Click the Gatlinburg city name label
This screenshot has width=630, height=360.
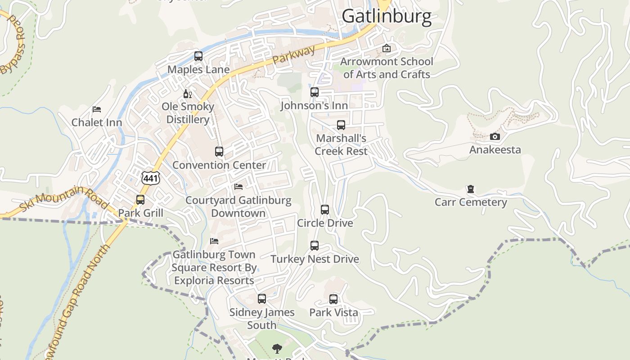coord(387,16)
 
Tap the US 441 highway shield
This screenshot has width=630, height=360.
coord(150,178)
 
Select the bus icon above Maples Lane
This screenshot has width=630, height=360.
coord(198,56)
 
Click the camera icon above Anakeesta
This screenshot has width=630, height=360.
coord(495,136)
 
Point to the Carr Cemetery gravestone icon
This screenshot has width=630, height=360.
coord(471,189)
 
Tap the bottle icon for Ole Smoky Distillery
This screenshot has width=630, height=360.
coord(188,94)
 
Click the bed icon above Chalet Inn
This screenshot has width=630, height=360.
coord(97,109)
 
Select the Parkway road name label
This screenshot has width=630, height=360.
coord(294,55)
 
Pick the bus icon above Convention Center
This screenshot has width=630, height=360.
coord(219,152)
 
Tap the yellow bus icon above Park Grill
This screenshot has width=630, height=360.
coord(140,200)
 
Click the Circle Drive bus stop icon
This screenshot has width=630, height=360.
coord(325,210)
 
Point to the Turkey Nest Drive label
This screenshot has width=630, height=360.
coord(315,259)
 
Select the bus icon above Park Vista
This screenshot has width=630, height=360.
coord(333,299)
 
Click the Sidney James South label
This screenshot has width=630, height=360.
coord(262,318)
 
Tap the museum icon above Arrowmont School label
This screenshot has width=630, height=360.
coord(387,48)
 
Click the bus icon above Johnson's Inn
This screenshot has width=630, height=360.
coord(315,92)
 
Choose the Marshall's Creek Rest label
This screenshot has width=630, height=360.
coord(341,144)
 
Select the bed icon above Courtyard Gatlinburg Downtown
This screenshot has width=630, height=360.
coord(238,187)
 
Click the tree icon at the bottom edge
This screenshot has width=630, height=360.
coord(277,348)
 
